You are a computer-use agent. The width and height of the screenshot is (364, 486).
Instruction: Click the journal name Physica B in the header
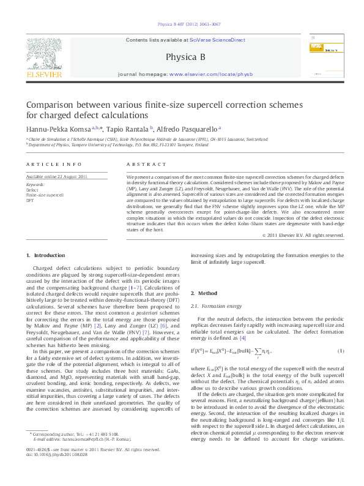[182, 58]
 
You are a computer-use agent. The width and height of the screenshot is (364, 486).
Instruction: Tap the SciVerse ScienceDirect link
[218, 40]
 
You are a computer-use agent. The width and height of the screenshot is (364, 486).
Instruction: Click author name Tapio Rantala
[127, 129]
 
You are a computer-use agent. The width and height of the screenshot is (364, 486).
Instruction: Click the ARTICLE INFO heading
[54, 165]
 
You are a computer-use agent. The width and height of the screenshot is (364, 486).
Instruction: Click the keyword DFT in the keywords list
[31, 200]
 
